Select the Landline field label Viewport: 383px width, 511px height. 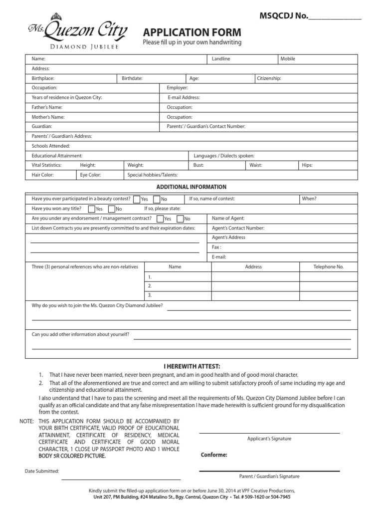(221, 59)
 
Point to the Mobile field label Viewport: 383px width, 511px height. (288, 59)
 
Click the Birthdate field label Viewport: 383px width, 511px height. (132, 78)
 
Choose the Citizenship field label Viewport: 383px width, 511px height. (269, 78)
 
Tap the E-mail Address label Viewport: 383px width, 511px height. (184, 97)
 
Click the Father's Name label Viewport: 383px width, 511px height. (47, 107)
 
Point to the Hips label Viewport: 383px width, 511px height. (307, 165)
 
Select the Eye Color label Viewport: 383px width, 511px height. (90, 175)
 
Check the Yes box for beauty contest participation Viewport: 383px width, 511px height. (137, 199)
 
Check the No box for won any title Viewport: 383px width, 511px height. (112, 209)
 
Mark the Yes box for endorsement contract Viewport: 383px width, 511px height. (160, 219)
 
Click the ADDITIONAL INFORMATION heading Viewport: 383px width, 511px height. (191, 187)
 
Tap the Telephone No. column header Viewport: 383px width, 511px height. (328, 267)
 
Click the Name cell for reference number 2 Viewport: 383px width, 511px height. (178, 286)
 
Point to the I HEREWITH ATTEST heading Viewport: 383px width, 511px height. (192, 366)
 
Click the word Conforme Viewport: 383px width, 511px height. (214, 455)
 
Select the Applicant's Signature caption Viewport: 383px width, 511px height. (269, 439)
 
